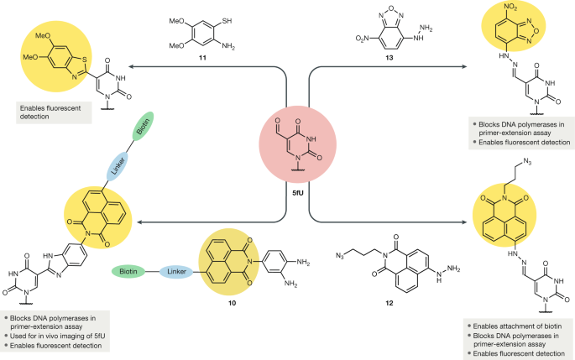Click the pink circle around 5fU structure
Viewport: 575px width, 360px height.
[287, 145]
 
